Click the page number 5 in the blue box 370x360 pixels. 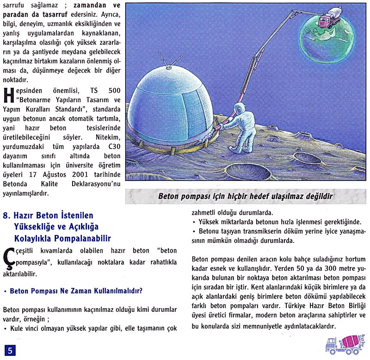coord(10,350)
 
